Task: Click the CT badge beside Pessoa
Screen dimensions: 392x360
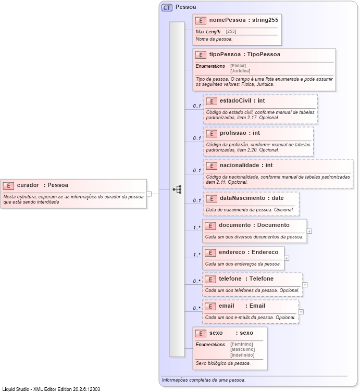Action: tap(167, 7)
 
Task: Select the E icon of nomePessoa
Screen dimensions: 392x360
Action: tap(201, 20)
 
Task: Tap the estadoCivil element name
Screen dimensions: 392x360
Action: tap(235, 100)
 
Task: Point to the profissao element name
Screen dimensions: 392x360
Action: tap(232, 133)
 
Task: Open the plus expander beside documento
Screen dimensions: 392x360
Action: tap(309, 231)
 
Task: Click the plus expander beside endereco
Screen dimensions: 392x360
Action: tap(287, 258)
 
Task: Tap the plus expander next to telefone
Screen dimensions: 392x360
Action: tap(305, 285)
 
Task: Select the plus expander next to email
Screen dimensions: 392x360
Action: tap(301, 312)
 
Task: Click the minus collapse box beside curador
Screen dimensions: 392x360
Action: tap(149, 193)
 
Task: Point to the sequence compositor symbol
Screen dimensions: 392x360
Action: tap(177, 190)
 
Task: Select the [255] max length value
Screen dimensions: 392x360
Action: tap(231, 32)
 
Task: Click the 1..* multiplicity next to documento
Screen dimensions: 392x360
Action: tap(197, 227)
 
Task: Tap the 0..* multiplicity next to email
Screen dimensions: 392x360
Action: tap(197, 308)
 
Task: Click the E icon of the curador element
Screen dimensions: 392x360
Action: tap(8, 185)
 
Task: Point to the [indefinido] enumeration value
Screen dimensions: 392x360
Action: tap(242, 355)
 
